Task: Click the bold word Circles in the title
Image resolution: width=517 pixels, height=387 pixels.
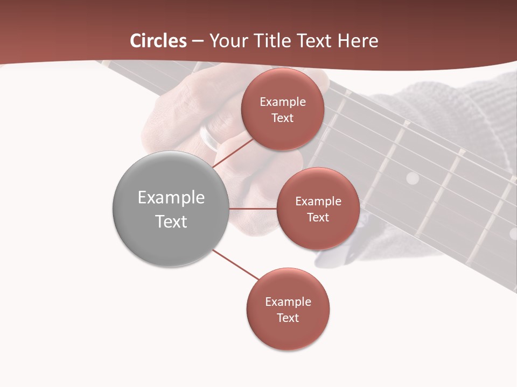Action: [158, 41]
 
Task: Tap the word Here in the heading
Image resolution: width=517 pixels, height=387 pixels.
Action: [358, 41]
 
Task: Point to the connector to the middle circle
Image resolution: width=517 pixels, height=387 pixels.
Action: [253, 209]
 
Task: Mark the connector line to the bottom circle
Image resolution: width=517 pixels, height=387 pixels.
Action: [235, 265]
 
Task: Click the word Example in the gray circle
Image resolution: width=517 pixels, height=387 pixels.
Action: [171, 198]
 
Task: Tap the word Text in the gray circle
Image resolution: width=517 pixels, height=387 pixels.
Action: [171, 221]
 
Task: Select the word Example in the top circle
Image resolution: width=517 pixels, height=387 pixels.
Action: [283, 102]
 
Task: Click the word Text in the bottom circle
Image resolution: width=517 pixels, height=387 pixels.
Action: [288, 318]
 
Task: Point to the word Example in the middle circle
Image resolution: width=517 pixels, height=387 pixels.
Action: [318, 202]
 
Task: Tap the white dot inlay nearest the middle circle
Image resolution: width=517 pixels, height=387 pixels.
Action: [412, 178]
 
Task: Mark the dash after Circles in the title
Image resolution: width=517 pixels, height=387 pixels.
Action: [198, 41]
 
